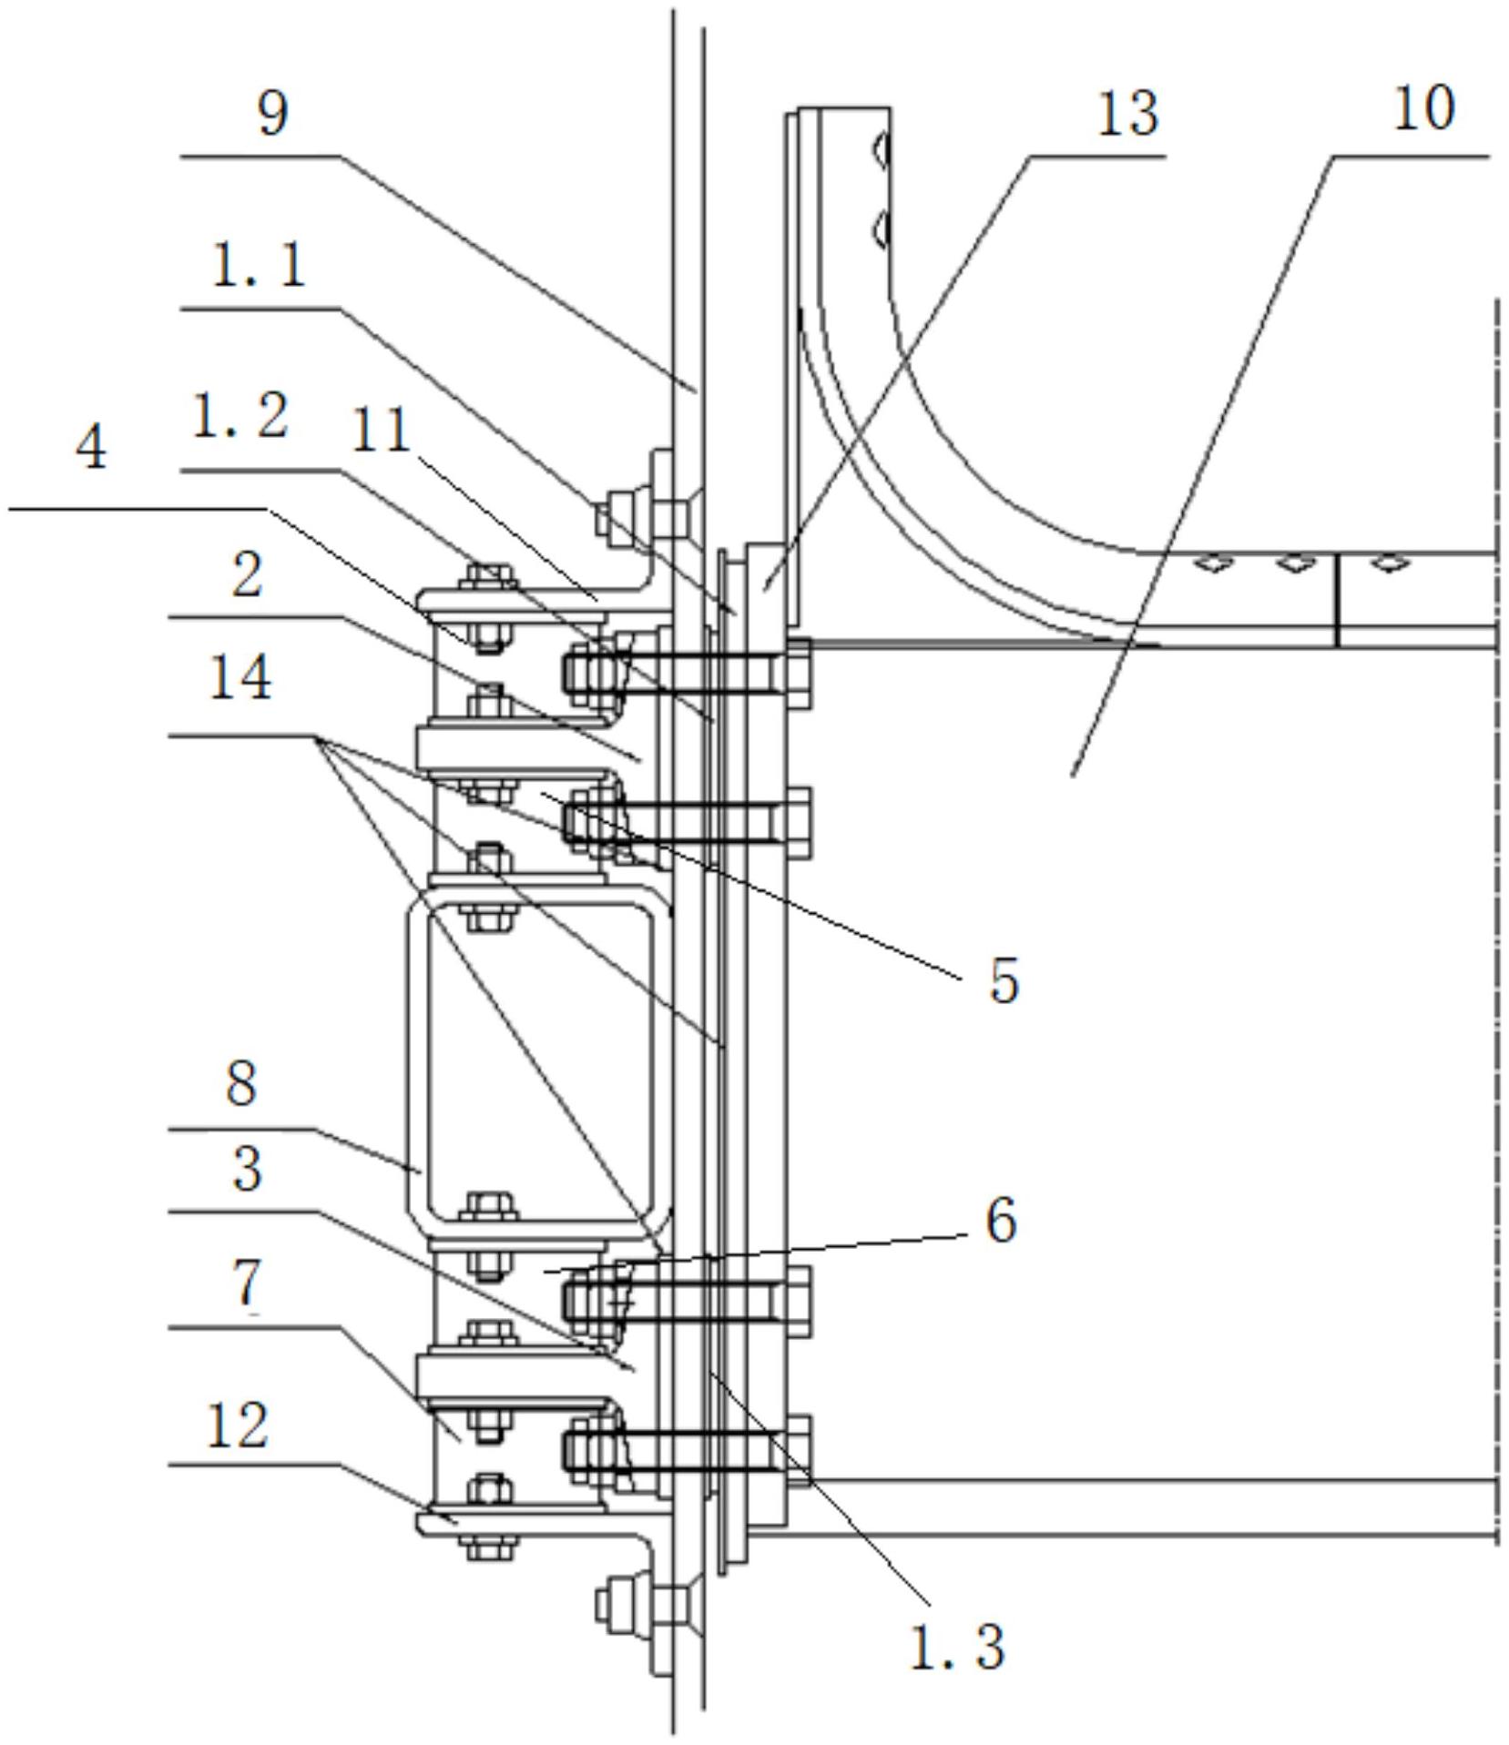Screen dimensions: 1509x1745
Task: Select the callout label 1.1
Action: (259, 268)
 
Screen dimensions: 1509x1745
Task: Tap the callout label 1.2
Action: (241, 418)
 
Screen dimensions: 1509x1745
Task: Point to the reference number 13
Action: (1127, 115)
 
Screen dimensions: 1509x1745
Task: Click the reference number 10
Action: (1423, 109)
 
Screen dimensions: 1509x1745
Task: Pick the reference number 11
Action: (381, 430)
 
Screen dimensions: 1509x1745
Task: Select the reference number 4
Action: (91, 448)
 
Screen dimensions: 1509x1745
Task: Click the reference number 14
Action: (240, 678)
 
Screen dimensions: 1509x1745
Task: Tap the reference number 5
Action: (1004, 981)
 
